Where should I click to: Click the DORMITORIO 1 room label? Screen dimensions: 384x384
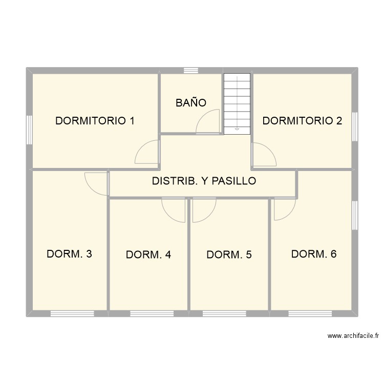(x=95, y=121)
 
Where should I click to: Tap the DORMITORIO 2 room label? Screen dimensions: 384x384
(x=302, y=121)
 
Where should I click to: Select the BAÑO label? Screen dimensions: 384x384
(x=190, y=103)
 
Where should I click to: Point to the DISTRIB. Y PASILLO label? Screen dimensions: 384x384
(x=204, y=181)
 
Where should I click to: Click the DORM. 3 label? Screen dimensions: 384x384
(x=69, y=254)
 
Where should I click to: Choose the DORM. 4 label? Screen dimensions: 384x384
(x=148, y=254)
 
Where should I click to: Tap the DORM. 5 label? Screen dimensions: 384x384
(x=229, y=254)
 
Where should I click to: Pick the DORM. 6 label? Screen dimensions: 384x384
(x=313, y=254)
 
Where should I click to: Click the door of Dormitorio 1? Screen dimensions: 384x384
(x=147, y=153)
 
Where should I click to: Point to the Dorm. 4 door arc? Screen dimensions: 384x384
(x=173, y=210)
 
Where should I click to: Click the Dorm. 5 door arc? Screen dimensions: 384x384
(x=204, y=210)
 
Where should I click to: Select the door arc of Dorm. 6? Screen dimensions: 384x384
(x=285, y=209)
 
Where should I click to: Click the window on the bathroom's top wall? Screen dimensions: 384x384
(x=191, y=71)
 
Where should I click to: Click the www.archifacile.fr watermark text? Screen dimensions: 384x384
(x=353, y=336)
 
